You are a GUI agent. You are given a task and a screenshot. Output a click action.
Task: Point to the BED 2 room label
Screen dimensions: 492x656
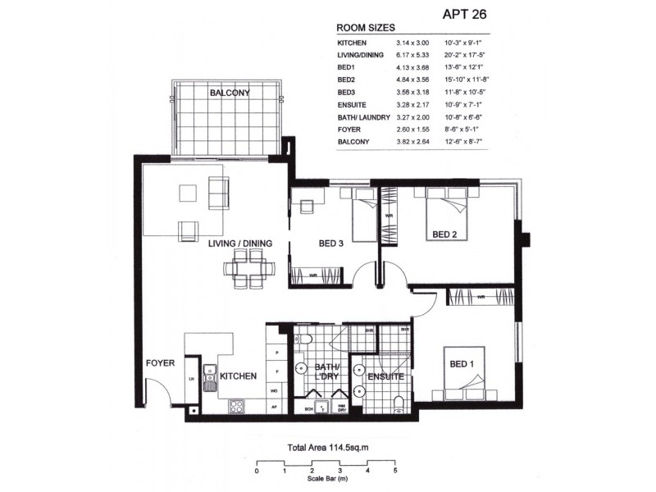coord(444,235)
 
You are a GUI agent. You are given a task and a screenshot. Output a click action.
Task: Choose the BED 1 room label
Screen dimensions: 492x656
coord(463,363)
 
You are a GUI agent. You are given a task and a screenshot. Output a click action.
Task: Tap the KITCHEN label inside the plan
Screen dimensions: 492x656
coord(239,376)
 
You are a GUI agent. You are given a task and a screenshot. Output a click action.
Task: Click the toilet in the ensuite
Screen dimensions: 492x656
coord(399,402)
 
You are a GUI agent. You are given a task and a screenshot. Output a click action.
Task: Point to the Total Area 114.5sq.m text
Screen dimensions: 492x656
coord(326,449)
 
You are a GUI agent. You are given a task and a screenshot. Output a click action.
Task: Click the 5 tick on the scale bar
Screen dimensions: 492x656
coord(395,471)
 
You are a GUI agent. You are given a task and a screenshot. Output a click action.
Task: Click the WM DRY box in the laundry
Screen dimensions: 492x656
coord(339,407)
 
